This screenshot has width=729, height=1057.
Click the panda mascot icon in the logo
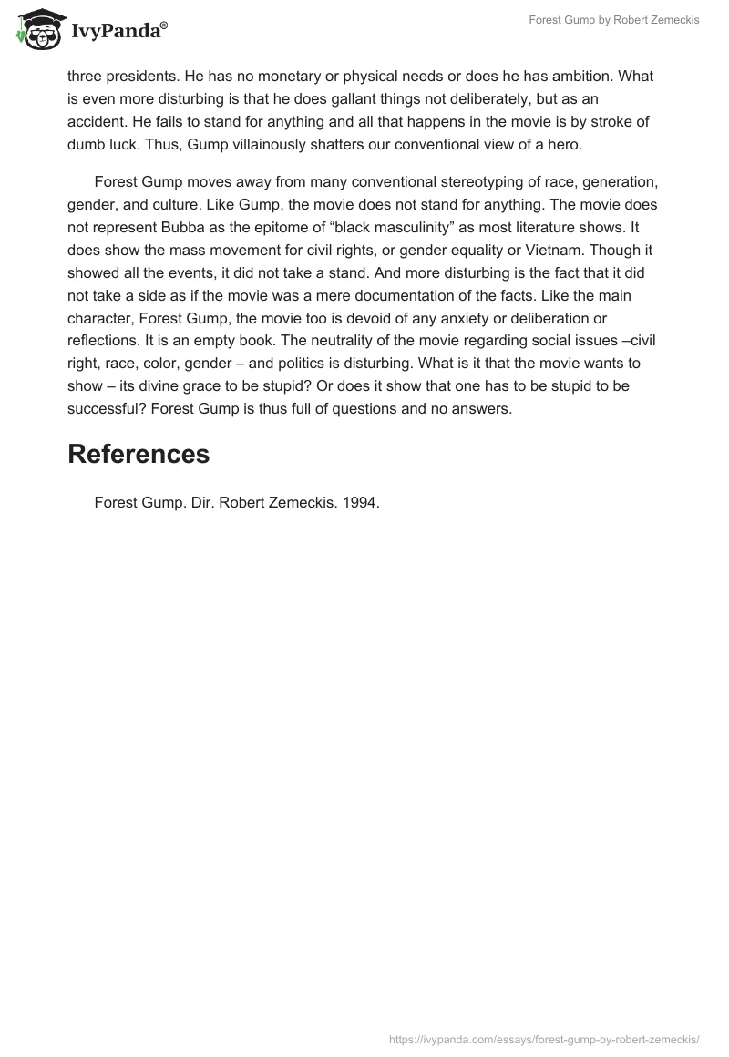36,29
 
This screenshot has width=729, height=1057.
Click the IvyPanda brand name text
119,31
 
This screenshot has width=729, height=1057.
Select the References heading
139,454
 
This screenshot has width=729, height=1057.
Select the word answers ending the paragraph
478,409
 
